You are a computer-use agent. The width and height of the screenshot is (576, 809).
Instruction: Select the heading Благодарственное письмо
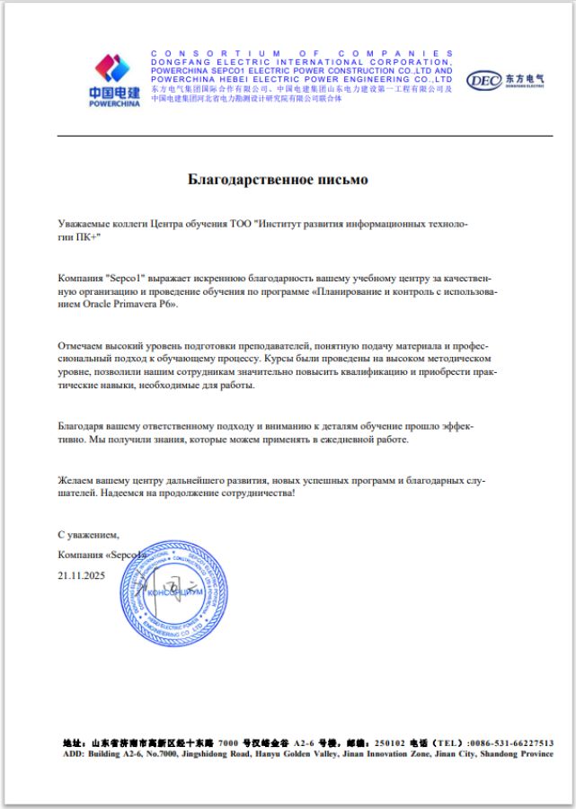coord(278,180)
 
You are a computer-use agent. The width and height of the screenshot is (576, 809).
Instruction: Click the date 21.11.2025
coord(82,573)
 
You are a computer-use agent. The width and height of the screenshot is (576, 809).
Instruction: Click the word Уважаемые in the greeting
coord(84,221)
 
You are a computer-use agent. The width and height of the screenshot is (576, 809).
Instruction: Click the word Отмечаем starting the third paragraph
coord(82,344)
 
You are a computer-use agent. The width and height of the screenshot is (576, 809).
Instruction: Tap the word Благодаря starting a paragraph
coord(83,427)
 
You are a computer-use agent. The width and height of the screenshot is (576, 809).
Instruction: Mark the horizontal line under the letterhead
coord(305,135)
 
